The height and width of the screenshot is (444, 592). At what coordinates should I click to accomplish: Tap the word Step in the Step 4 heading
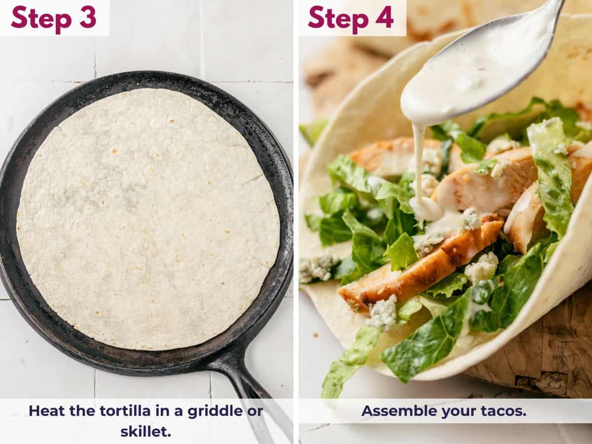coord(337,18)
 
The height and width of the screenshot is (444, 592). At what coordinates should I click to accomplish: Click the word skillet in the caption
coord(145,431)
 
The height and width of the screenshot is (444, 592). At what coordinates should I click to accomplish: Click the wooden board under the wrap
coord(548,355)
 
